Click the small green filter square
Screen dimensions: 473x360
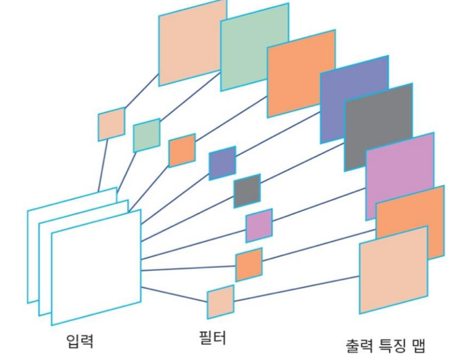147,135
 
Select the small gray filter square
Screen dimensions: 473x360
247,191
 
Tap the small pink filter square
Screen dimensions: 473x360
259,225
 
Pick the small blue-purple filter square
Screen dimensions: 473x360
222,163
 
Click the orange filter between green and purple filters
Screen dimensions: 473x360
182,150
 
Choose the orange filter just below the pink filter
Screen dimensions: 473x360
249,264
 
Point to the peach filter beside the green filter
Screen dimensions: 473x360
111,124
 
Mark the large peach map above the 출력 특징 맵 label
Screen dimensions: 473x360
393,269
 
